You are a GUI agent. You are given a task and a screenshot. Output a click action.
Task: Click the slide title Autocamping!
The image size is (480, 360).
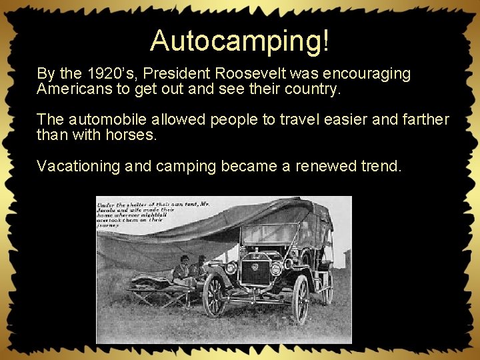pyautogui.click(x=239, y=41)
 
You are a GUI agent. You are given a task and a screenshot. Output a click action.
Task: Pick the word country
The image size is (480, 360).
pyautogui.click(x=313, y=89)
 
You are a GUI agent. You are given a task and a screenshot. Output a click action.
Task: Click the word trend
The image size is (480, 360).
pyautogui.click(x=383, y=166)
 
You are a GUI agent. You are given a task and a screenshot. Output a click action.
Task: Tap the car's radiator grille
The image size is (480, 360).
pyautogui.click(x=253, y=273)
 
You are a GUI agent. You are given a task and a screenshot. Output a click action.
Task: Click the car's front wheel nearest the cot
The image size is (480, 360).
pyautogui.click(x=215, y=295)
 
